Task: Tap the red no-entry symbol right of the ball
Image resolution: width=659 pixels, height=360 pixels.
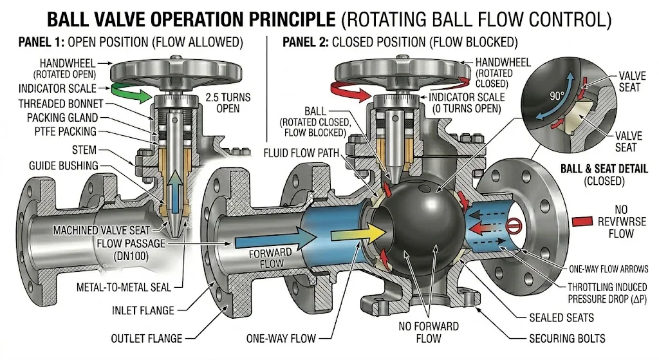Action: [x=513, y=226]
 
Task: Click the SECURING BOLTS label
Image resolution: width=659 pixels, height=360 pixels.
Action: [x=566, y=337]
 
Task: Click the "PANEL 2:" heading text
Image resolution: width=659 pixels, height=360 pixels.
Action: [x=306, y=43]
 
